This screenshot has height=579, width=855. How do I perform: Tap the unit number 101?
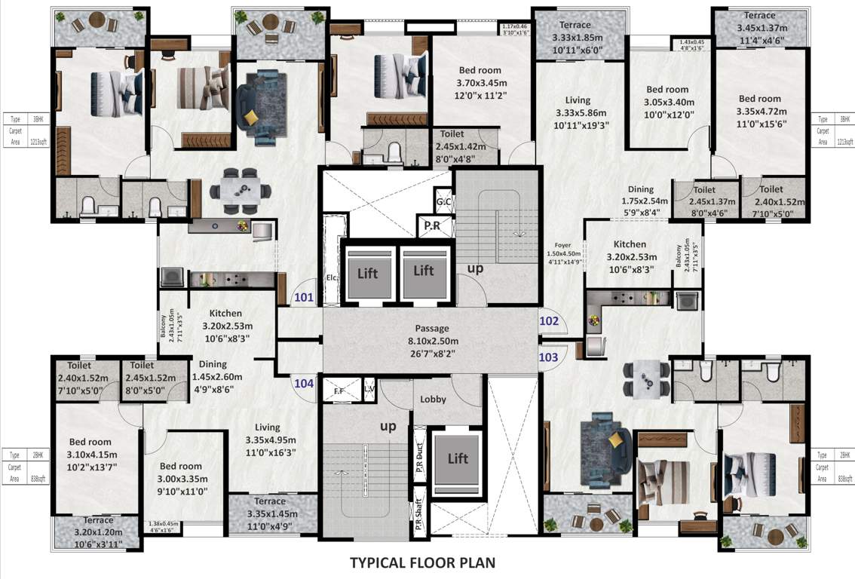[304, 297]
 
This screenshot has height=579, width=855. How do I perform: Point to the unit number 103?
[549, 355]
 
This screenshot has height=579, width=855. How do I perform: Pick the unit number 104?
[304, 383]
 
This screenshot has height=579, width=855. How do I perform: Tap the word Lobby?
[433, 399]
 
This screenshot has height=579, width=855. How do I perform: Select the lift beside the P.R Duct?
[458, 458]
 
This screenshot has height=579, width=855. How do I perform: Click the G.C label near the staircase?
[443, 203]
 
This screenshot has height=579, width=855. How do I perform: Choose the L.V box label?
[369, 390]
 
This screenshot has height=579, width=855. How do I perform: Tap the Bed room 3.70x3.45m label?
[483, 83]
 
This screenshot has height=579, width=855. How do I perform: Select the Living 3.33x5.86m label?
[578, 112]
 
